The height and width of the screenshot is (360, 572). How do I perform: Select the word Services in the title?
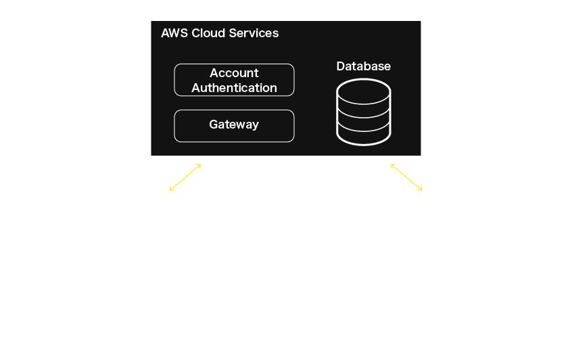pos(253,33)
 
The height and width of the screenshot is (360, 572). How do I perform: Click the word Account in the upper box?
pos(234,73)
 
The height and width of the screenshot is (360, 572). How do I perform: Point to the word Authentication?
pos(234,88)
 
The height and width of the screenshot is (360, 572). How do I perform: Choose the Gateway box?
pos(234,125)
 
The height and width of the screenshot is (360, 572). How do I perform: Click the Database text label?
pos(363,66)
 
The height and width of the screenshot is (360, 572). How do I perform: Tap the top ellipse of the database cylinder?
pos(363,90)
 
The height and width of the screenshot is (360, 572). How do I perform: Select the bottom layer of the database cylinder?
pos(363,135)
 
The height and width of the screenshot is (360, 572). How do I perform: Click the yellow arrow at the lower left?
pos(185,177)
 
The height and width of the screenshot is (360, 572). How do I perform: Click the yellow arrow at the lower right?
pos(406,177)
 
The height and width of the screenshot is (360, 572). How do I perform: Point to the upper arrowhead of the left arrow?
pos(199,164)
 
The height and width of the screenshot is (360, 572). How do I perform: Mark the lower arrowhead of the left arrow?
pos(171,189)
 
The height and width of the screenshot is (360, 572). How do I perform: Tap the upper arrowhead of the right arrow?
pos(392,164)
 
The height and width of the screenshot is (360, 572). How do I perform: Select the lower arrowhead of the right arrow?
pos(421,189)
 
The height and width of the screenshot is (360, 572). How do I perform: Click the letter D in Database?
pos(341,66)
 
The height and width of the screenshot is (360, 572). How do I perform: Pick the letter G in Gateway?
pos(213,125)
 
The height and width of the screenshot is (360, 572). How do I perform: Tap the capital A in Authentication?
pos(196,88)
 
